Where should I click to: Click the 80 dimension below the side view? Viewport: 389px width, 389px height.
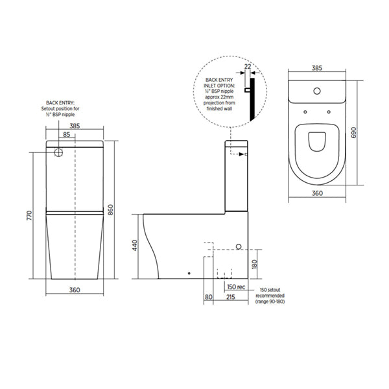207,297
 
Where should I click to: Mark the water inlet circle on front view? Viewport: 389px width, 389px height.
58,154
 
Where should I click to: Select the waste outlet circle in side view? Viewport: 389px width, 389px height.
238,248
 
